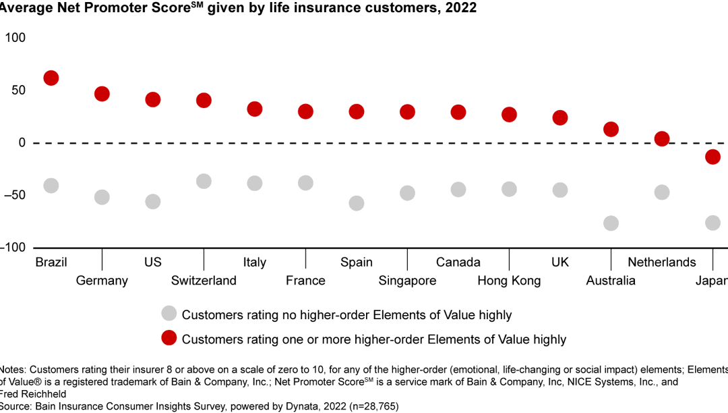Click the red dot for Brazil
(51, 78)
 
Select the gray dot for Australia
(611, 223)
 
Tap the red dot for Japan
(712, 157)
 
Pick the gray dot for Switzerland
(204, 182)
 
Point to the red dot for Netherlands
(662, 138)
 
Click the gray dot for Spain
(357, 203)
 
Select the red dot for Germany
(102, 94)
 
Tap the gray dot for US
(153, 202)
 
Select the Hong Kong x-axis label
(509, 281)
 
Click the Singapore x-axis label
(407, 281)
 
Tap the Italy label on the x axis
(255, 263)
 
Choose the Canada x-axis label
(458, 263)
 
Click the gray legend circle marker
(169, 314)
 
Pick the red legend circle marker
(169, 338)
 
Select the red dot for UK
(560, 118)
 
